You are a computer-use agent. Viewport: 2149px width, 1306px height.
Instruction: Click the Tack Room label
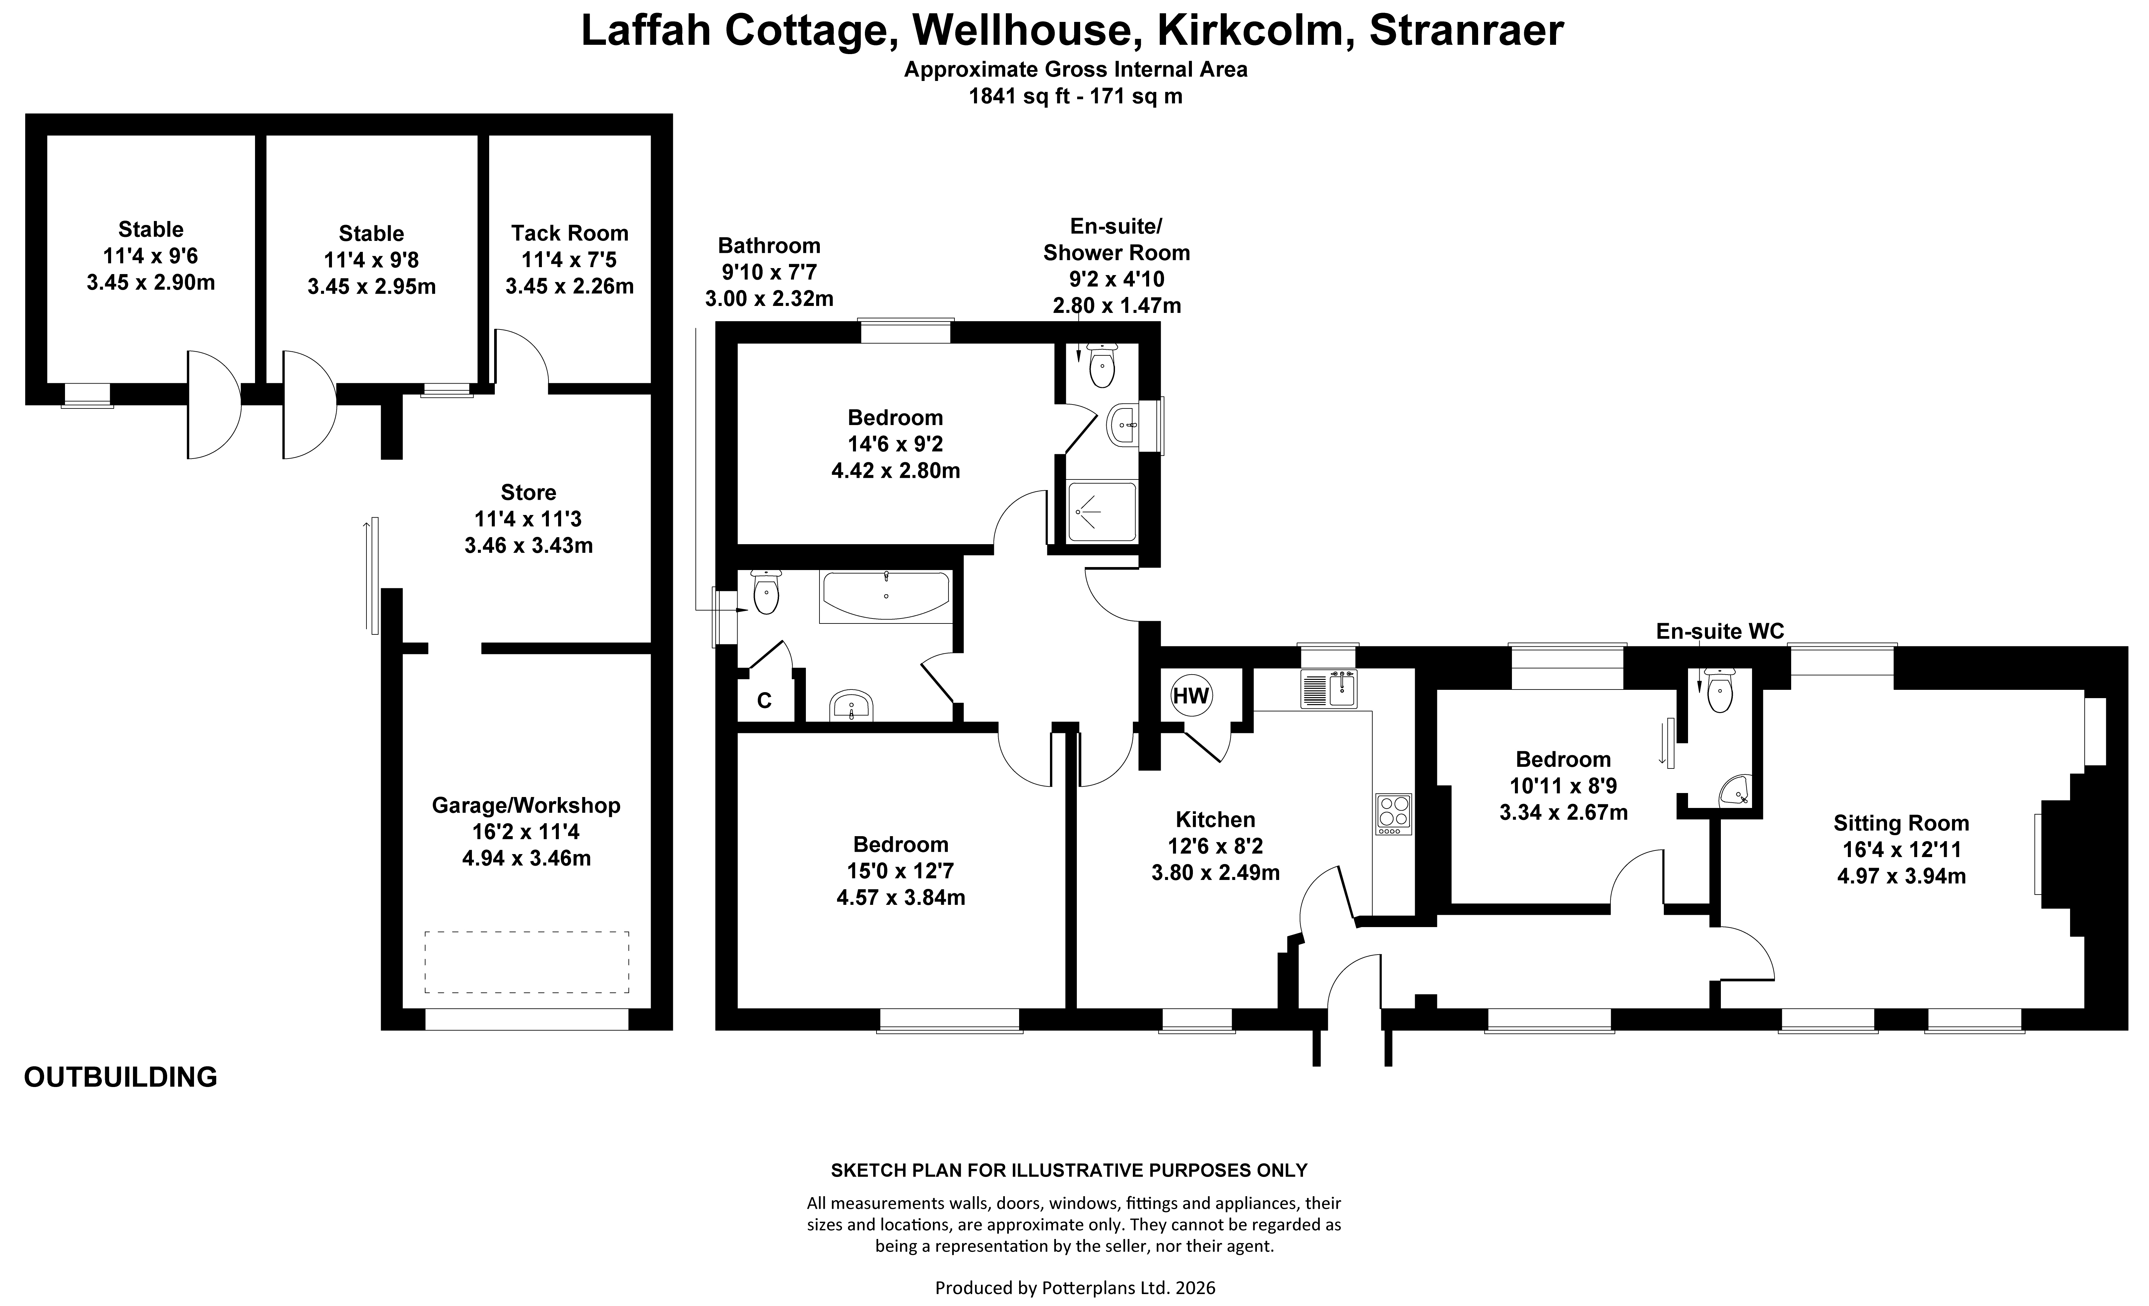pos(569,233)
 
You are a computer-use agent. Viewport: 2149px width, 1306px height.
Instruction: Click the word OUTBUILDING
pos(120,1077)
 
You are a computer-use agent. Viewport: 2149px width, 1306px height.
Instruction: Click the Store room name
pos(529,492)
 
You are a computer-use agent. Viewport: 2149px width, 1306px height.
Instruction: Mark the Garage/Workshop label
pos(526,805)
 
